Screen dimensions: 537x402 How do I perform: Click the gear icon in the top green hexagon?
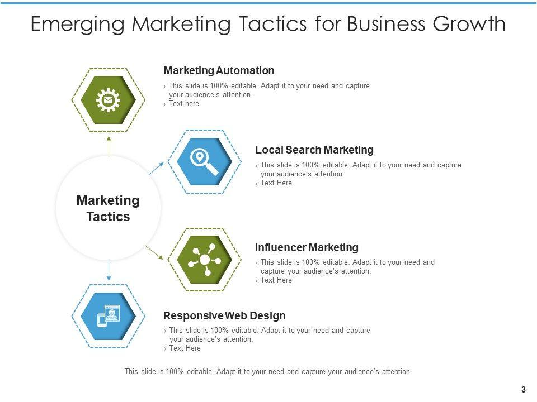(108, 100)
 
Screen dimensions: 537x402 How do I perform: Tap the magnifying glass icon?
(204, 161)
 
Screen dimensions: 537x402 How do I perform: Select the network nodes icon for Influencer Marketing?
(204, 260)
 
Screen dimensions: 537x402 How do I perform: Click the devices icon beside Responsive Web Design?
(108, 317)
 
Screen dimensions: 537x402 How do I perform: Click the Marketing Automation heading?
(219, 71)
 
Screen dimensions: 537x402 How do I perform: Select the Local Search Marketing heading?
(314, 150)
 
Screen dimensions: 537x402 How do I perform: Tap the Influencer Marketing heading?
(307, 247)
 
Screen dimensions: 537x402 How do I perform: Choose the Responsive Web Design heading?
(224, 315)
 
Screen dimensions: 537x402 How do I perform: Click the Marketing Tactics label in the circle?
(108, 208)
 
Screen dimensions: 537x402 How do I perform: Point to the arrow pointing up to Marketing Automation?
(109, 144)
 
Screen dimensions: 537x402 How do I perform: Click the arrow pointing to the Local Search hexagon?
(157, 168)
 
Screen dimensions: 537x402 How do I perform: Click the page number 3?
(523, 390)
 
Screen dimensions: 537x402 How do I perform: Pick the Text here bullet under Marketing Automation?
(183, 104)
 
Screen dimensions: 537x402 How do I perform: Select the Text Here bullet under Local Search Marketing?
(276, 183)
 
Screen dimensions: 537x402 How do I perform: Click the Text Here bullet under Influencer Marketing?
(276, 280)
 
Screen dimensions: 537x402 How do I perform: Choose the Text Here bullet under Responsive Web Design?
(185, 348)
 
